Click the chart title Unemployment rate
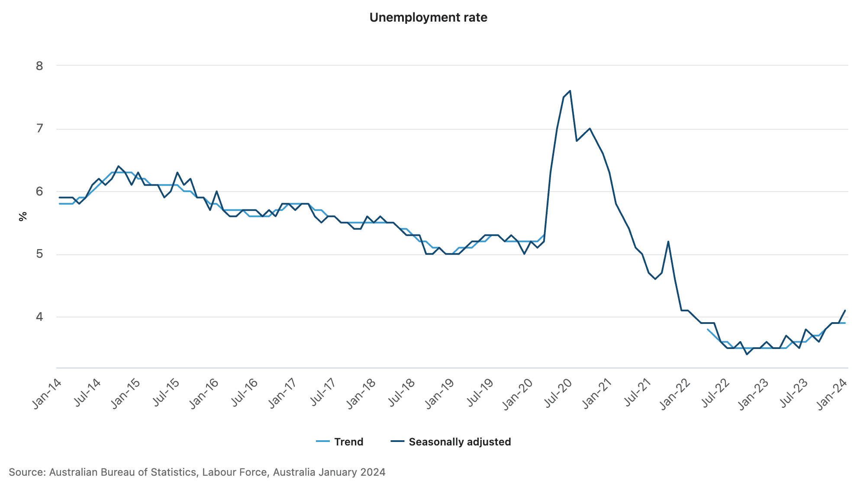pos(428,17)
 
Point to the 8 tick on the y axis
pos(39,66)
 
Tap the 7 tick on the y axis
pos(39,128)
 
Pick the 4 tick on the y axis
pos(39,317)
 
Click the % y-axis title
pos(23,216)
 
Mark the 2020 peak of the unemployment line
pos(570,91)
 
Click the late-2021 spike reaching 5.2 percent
pos(668,242)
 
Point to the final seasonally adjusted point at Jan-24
pos(845,311)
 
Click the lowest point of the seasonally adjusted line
pos(747,354)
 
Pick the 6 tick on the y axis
pos(39,191)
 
